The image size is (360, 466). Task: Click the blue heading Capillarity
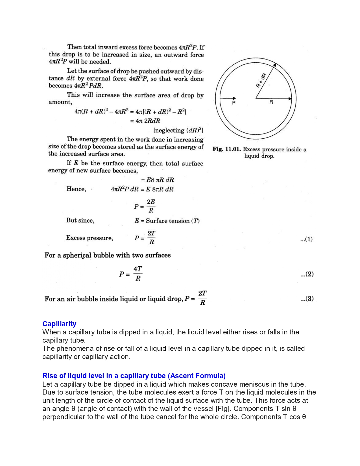(59, 324)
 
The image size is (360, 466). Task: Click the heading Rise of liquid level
(134, 376)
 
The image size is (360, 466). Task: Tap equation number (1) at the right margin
(306, 239)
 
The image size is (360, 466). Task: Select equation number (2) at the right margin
(307, 274)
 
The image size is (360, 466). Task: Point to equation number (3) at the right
(307, 299)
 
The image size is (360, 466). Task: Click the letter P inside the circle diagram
(234, 103)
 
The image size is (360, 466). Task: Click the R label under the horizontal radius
(271, 102)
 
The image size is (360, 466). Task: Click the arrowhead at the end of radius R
(290, 99)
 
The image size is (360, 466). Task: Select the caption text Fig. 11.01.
(226, 149)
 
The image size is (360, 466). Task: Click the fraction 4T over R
(138, 274)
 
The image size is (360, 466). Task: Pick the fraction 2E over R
(151, 206)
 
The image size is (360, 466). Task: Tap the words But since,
(80, 221)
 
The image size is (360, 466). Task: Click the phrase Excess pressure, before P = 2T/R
(90, 238)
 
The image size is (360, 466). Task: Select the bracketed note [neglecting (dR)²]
(178, 130)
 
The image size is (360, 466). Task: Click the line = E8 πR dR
(157, 180)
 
